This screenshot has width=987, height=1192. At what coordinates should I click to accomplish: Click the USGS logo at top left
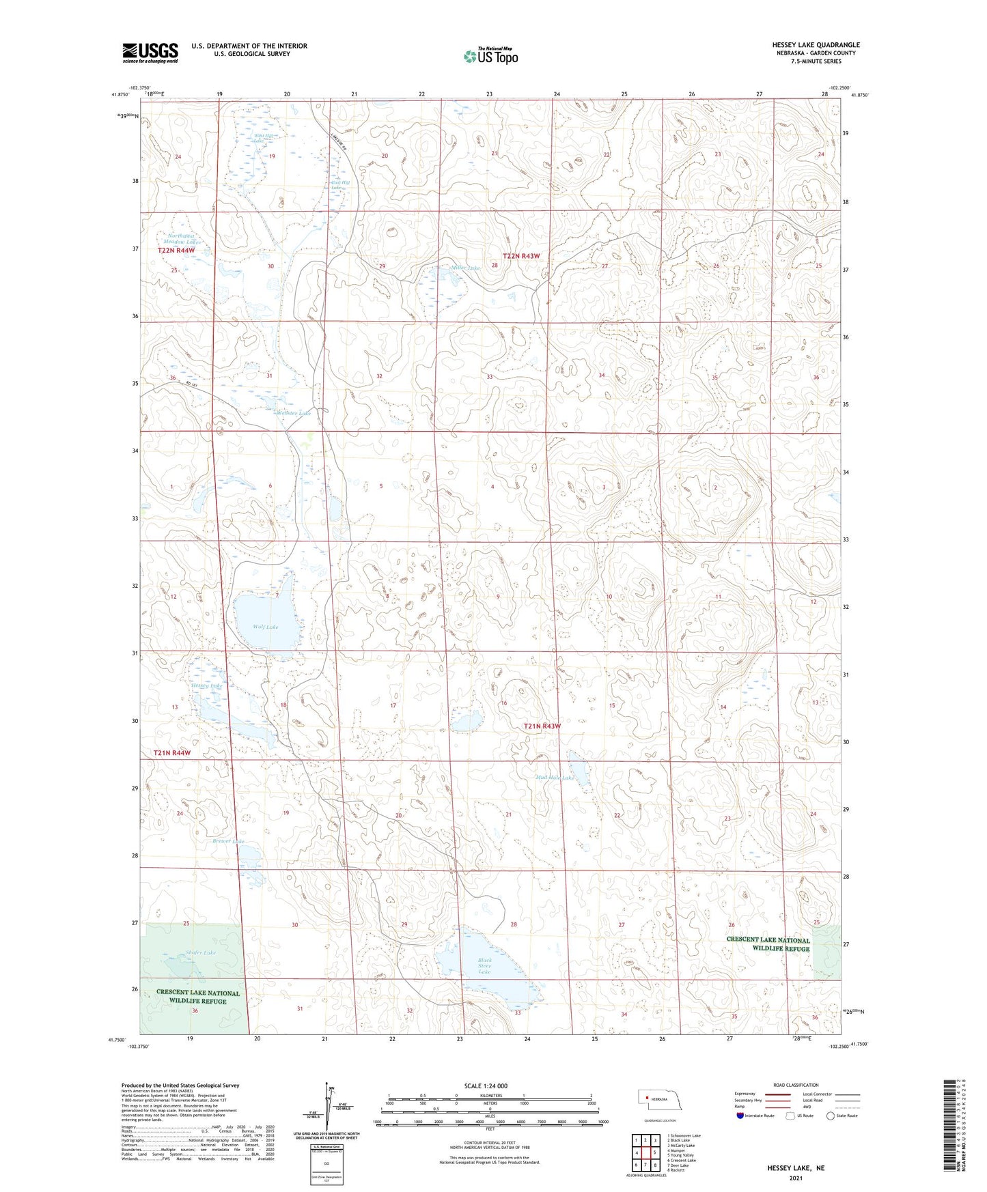tap(150, 52)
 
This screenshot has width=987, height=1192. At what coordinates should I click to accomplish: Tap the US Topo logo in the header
tap(490, 56)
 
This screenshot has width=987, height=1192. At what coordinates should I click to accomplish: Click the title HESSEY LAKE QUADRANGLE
tap(807, 45)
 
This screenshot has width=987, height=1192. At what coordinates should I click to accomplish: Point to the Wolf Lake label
tap(265, 626)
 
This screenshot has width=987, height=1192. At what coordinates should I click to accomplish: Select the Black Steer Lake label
tap(484, 965)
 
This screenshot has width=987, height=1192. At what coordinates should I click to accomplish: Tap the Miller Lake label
tap(466, 268)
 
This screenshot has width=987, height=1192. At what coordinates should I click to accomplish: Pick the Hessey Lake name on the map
tap(206, 685)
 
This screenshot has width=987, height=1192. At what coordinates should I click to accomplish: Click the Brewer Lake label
tap(227, 841)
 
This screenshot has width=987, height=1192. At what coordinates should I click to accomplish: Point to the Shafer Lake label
tap(181, 952)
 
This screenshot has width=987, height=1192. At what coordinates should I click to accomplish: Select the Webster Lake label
tap(294, 413)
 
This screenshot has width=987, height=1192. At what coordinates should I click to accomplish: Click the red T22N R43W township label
tap(521, 256)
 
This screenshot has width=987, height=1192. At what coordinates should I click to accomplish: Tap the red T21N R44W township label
tap(171, 752)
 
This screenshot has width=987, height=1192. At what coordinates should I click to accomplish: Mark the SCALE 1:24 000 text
tap(486, 1085)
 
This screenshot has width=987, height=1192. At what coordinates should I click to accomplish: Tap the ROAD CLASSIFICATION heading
tap(796, 1085)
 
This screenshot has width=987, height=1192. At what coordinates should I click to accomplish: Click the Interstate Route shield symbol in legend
tap(740, 1116)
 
